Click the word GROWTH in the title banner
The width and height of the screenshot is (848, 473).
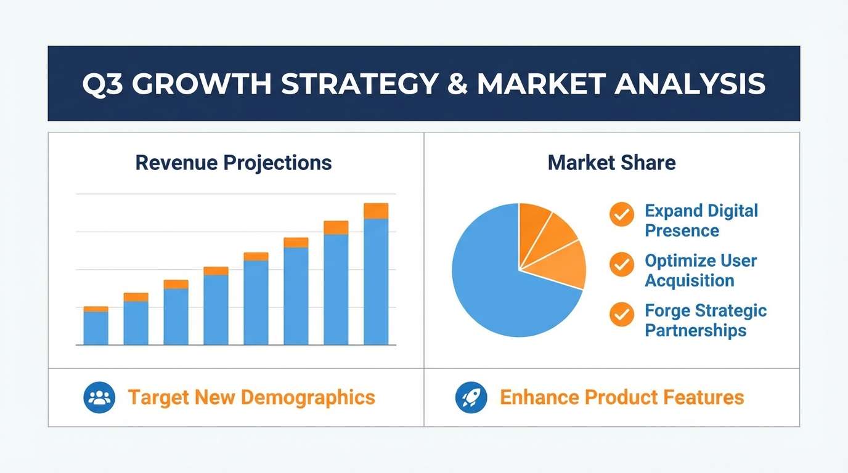(x=202, y=84)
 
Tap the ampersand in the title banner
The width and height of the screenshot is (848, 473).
(x=457, y=84)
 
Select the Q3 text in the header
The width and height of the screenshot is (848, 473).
(x=102, y=84)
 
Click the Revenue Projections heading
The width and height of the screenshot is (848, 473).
(x=234, y=163)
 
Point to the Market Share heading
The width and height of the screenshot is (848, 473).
(x=612, y=163)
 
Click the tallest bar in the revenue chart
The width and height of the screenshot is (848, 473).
(x=376, y=274)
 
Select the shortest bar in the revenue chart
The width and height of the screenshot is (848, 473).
(x=96, y=326)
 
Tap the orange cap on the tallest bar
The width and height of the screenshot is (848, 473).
(x=376, y=211)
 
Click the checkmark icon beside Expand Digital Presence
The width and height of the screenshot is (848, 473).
(x=622, y=214)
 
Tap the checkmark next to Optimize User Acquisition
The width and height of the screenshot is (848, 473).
(x=622, y=264)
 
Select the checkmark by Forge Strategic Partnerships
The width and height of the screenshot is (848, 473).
(x=622, y=314)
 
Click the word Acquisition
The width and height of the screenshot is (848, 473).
(x=690, y=281)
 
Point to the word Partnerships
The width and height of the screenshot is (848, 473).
(x=695, y=330)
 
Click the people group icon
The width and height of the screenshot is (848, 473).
(x=99, y=397)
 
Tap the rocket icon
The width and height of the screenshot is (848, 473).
(x=471, y=397)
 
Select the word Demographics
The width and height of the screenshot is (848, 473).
(x=308, y=398)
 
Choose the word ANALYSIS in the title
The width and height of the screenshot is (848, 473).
(x=690, y=84)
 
